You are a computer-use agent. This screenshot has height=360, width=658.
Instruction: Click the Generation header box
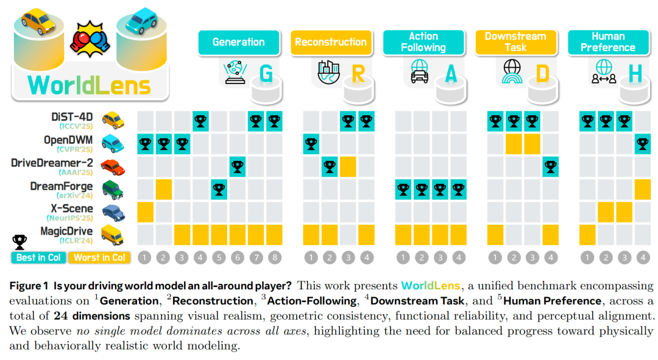[238, 42]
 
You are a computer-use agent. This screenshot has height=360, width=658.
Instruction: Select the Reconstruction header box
[331, 42]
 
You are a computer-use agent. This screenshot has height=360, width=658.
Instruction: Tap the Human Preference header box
[607, 42]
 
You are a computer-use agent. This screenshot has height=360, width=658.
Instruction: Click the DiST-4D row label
[74, 117]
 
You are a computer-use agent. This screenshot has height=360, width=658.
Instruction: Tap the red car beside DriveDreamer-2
[113, 166]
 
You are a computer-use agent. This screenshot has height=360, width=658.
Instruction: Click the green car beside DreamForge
[113, 189]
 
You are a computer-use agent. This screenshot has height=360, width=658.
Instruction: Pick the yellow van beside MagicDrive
[113, 234]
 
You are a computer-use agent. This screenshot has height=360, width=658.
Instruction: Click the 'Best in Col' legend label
[38, 258]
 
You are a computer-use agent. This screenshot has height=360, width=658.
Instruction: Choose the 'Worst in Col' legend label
[99, 258]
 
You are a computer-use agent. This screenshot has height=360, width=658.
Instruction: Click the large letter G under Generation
[266, 74]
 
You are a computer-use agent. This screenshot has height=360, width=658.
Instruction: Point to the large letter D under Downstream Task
[542, 74]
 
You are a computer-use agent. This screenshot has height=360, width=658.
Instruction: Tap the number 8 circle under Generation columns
[275, 258]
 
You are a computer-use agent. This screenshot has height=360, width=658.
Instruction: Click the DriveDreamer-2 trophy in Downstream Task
[551, 166]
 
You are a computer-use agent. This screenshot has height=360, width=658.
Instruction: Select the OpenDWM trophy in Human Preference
[643, 144]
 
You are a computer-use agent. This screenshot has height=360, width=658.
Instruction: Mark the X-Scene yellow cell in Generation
[145, 211]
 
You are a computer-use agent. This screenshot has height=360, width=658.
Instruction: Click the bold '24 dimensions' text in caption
[92, 316]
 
